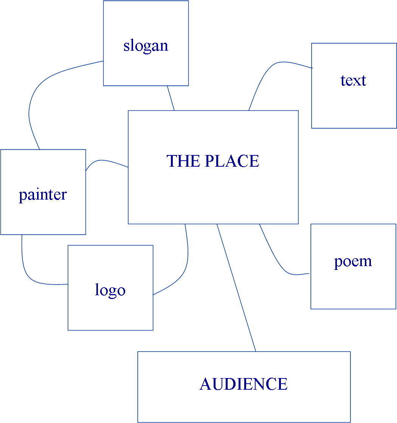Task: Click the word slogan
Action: click(x=146, y=46)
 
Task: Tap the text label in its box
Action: click(x=353, y=81)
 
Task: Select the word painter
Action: click(x=43, y=195)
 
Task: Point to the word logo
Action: click(x=110, y=290)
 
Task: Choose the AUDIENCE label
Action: click(x=243, y=384)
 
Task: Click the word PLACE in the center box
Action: click(x=231, y=161)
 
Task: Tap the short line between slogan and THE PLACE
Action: click(x=171, y=98)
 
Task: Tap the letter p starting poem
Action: click(x=338, y=262)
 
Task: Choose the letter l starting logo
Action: click(x=97, y=290)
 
